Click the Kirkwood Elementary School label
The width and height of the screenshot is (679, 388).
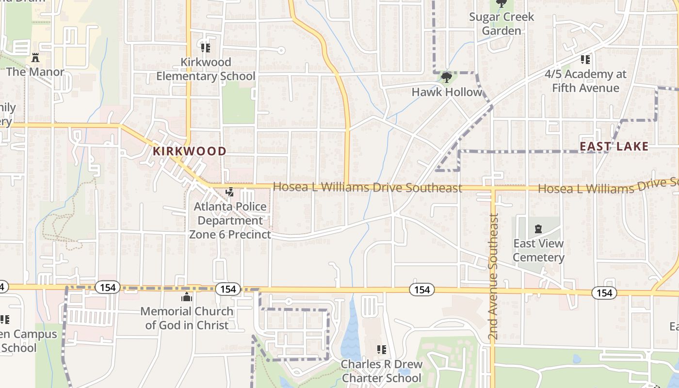206,69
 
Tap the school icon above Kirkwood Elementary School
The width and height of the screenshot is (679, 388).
206,48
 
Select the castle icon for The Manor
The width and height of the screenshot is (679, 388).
35,58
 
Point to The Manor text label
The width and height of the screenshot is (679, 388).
35,72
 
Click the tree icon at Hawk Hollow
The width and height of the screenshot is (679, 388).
447,77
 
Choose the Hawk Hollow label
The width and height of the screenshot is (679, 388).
447,92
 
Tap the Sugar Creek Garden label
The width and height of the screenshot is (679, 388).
501,24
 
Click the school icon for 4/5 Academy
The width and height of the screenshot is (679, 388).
585,60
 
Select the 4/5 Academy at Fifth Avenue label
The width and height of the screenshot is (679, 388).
585,81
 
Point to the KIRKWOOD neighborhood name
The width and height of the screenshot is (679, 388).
190,151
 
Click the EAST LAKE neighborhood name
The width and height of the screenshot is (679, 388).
614,146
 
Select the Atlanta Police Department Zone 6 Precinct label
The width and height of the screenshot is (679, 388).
230,221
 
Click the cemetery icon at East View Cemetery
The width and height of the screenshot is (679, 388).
538,228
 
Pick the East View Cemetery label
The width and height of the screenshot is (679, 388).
538,250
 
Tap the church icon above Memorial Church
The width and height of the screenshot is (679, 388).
187,297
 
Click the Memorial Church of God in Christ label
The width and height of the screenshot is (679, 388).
187,318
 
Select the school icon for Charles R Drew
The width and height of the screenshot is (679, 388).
382,349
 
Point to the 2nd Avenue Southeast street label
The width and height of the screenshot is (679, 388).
493,276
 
